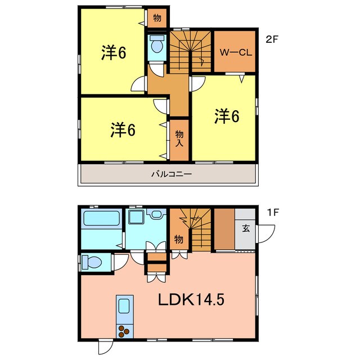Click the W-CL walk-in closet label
[x=235, y=52]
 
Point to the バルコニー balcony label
[x=172, y=174]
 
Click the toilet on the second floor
[x=157, y=45]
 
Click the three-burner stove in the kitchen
[x=123, y=331]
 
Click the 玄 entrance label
[x=246, y=228]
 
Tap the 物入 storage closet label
[x=179, y=138]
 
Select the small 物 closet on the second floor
[x=157, y=18]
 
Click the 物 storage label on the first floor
[x=178, y=239]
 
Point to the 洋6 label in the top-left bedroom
[x=113, y=52]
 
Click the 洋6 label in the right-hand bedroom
[x=227, y=116]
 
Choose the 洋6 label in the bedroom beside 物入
[x=122, y=130]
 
